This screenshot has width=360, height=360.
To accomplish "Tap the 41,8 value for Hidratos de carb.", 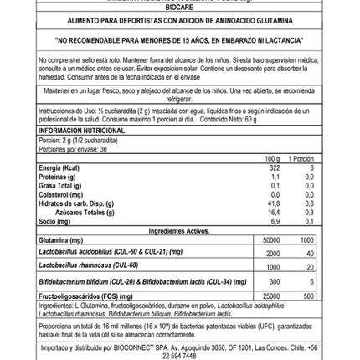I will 273,201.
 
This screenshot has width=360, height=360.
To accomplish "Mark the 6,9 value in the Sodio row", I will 274,222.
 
